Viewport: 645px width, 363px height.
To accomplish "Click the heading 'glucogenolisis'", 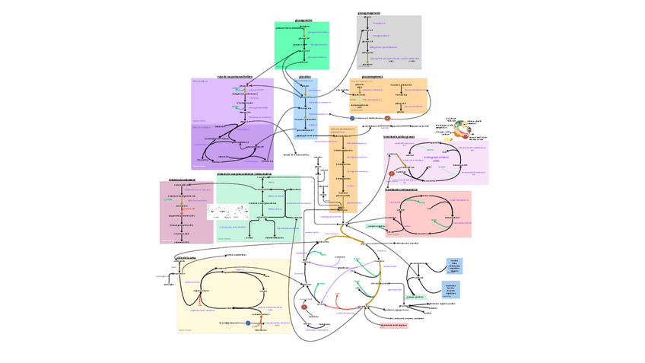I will pos(303,20).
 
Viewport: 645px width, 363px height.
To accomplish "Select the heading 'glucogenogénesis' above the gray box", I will pos(369,13).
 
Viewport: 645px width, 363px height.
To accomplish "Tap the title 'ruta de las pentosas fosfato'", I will pos(234,76).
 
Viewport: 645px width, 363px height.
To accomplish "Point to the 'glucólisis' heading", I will pos(304,76).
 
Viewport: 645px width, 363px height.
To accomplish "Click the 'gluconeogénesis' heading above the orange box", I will pos(377,75).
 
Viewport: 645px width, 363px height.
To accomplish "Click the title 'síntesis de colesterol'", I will pos(183,180).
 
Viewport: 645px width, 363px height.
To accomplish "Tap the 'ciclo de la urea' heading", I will pos(186,257).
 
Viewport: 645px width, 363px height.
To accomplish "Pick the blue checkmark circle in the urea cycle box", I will pos(248,323).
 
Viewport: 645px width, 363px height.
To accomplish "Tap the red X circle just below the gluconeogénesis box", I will pos(387,118).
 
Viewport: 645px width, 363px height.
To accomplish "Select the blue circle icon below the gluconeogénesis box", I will pos(352,118).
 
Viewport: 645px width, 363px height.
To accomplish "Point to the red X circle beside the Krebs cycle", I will pos(304,307).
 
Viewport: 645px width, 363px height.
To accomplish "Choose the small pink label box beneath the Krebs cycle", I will pos(394,325).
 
